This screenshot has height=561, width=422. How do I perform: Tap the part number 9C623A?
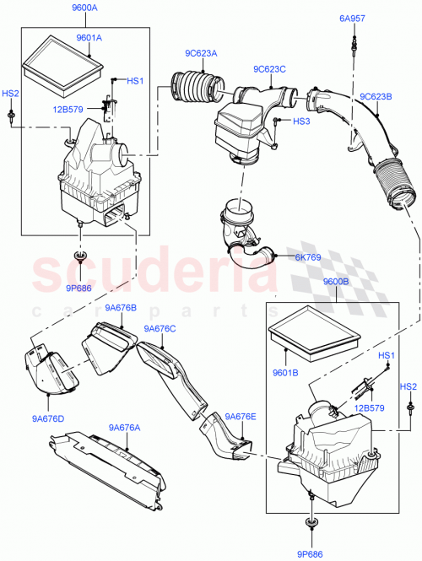pos(201,54)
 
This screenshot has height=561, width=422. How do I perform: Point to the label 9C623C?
pos(268,69)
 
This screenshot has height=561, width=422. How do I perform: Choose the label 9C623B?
pos(377,95)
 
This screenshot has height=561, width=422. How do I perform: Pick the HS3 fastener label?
pos(302,121)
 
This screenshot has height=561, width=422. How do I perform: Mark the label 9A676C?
pos(160,329)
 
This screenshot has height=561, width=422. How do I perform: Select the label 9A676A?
pos(125,428)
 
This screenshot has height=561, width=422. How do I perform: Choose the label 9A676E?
pos(241,416)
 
